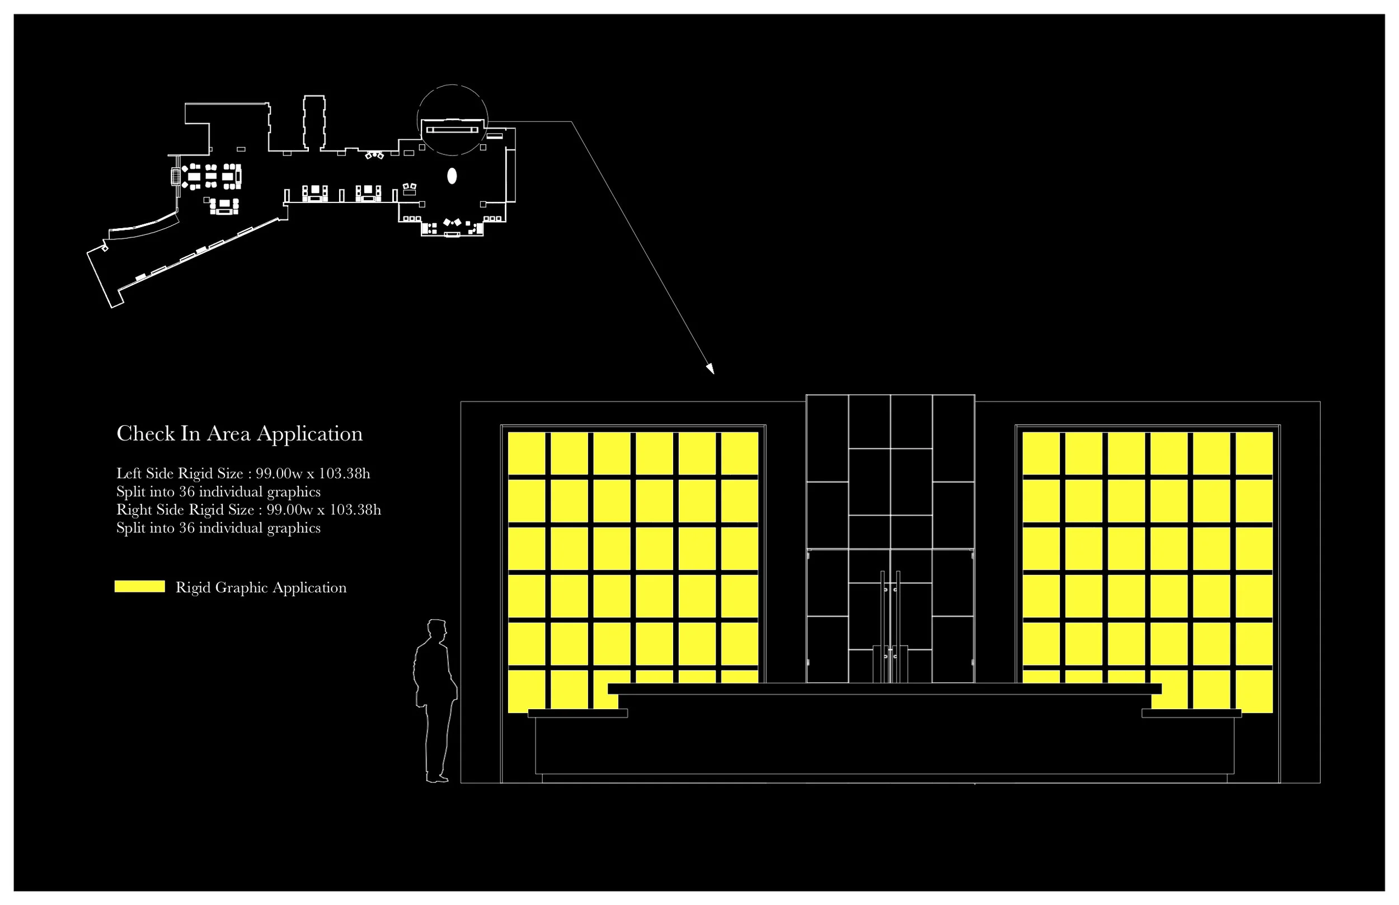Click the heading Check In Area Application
tap(240, 433)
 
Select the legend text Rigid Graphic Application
tap(261, 588)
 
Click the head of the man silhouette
tap(436, 629)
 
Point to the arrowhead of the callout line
tap(711, 370)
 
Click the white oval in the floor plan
tap(452, 176)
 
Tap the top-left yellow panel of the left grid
tap(526, 453)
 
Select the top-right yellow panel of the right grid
tap(1254, 453)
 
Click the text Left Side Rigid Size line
tap(243, 474)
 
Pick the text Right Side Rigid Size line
tap(248, 510)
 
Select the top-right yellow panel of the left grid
tap(739, 453)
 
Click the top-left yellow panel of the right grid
tap(1040, 453)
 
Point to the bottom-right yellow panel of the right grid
tap(1254, 692)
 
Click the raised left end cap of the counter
tap(578, 713)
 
